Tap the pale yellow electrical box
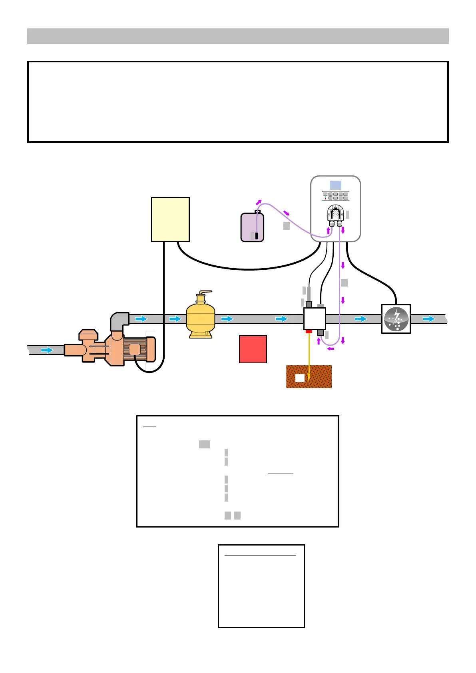click(170, 219)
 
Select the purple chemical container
click(252, 227)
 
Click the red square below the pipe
click(253, 349)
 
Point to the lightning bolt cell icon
click(396, 319)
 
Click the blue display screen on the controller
click(335, 185)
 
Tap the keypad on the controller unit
click(335, 196)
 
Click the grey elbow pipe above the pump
click(119, 320)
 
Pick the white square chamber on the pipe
click(315, 319)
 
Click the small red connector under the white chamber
click(309, 331)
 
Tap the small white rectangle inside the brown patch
click(300, 378)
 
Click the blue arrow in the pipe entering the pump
click(47, 350)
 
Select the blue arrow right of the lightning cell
click(429, 319)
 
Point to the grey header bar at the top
click(238, 36)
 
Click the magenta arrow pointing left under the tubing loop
click(331, 349)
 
